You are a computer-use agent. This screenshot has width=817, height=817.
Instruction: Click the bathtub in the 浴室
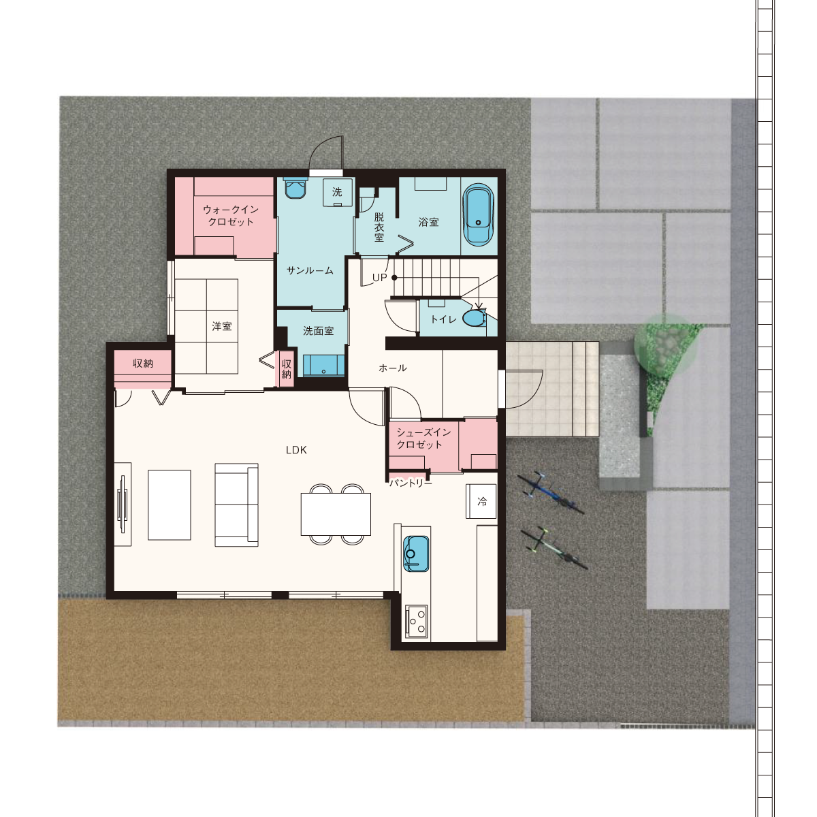coord(478,214)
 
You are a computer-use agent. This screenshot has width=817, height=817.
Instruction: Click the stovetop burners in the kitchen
coord(417,622)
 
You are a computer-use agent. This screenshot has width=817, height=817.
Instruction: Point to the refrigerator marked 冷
coord(481,501)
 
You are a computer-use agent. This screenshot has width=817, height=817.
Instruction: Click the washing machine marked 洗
coord(338,192)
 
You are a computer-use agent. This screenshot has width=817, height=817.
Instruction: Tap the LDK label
coord(296,450)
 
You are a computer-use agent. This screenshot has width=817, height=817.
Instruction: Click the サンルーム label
coord(310,270)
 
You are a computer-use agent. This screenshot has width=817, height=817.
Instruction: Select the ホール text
coord(393,368)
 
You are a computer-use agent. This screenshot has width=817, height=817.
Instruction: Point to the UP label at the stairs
coord(379,278)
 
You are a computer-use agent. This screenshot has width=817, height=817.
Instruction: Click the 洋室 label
coord(222,326)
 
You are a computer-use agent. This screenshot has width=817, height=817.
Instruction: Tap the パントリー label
coord(411,483)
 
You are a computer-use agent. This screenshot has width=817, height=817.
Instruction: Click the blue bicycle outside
coord(550,493)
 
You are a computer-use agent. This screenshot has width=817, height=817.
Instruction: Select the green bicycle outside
coord(554,548)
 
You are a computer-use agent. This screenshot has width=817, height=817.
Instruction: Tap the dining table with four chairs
coord(336,514)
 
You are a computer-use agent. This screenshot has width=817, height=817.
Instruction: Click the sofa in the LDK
coord(236,505)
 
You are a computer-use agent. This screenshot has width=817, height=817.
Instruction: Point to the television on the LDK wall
coord(123,504)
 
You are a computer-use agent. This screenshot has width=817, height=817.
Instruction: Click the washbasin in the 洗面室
coord(323,366)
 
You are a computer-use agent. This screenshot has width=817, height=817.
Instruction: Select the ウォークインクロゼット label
coord(231,216)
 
